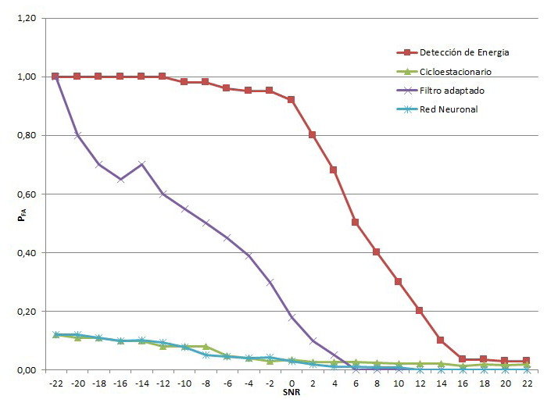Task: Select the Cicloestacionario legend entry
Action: (x=455, y=72)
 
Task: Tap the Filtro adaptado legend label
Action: (x=452, y=91)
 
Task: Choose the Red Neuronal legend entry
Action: (x=448, y=109)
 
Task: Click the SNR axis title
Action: (x=291, y=392)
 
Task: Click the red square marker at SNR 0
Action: (x=291, y=100)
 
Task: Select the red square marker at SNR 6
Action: (x=355, y=223)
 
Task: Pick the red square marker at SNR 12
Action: (x=419, y=310)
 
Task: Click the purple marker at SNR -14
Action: (x=141, y=164)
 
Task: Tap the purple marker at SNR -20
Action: (x=77, y=135)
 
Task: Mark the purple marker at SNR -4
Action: (x=248, y=255)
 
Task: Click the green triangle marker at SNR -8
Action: (x=205, y=346)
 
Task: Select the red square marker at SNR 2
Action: (x=312, y=135)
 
